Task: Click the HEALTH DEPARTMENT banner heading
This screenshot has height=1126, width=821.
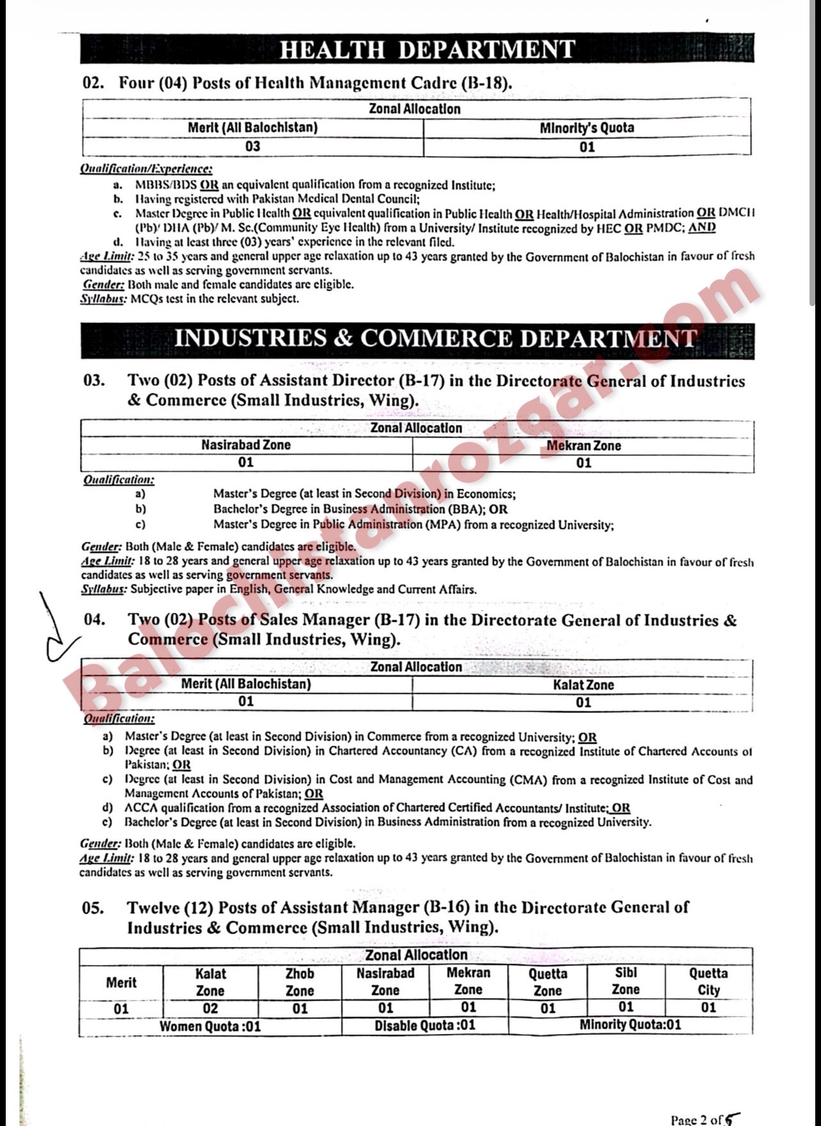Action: tap(427, 50)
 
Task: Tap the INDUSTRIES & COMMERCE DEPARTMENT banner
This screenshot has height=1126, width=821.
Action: tap(435, 339)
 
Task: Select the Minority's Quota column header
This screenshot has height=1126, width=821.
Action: tap(586, 128)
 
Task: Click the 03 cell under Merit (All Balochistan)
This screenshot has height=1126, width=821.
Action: tap(253, 146)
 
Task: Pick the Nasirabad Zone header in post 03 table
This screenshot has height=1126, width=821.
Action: tap(246, 445)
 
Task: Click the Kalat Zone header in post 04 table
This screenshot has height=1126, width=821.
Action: tap(583, 684)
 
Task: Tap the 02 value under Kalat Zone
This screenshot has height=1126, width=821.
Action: tap(210, 1008)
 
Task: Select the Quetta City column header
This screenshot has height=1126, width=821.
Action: tap(708, 982)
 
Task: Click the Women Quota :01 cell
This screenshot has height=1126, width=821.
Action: tap(210, 1026)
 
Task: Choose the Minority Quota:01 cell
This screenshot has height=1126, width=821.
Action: tap(630, 1025)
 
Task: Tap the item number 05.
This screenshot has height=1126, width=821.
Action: tap(93, 907)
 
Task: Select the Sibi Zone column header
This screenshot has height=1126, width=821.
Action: tap(625, 982)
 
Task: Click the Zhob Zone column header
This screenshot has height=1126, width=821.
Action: tap(299, 982)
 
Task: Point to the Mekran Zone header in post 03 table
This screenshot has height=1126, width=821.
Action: tap(583, 445)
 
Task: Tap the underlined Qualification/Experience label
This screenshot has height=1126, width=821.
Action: tap(146, 169)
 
